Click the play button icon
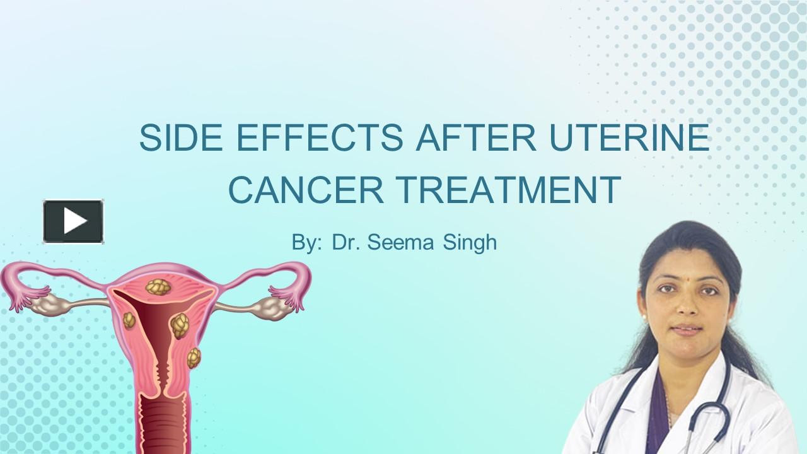pyautogui.click(x=73, y=221)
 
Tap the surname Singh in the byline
pyautogui.click(x=470, y=243)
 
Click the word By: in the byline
pyautogui.click(x=307, y=243)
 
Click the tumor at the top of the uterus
pyautogui.click(x=158, y=287)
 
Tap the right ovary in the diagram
pyautogui.click(x=269, y=308)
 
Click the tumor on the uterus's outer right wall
pyautogui.click(x=194, y=358)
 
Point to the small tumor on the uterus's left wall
pyautogui.click(x=129, y=320)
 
